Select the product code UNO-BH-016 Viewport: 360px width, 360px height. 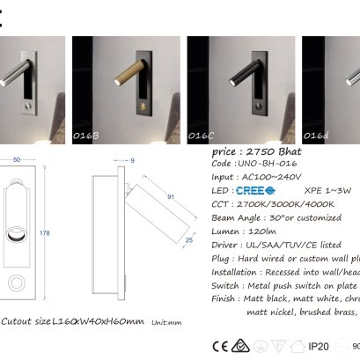coord(271,164)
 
